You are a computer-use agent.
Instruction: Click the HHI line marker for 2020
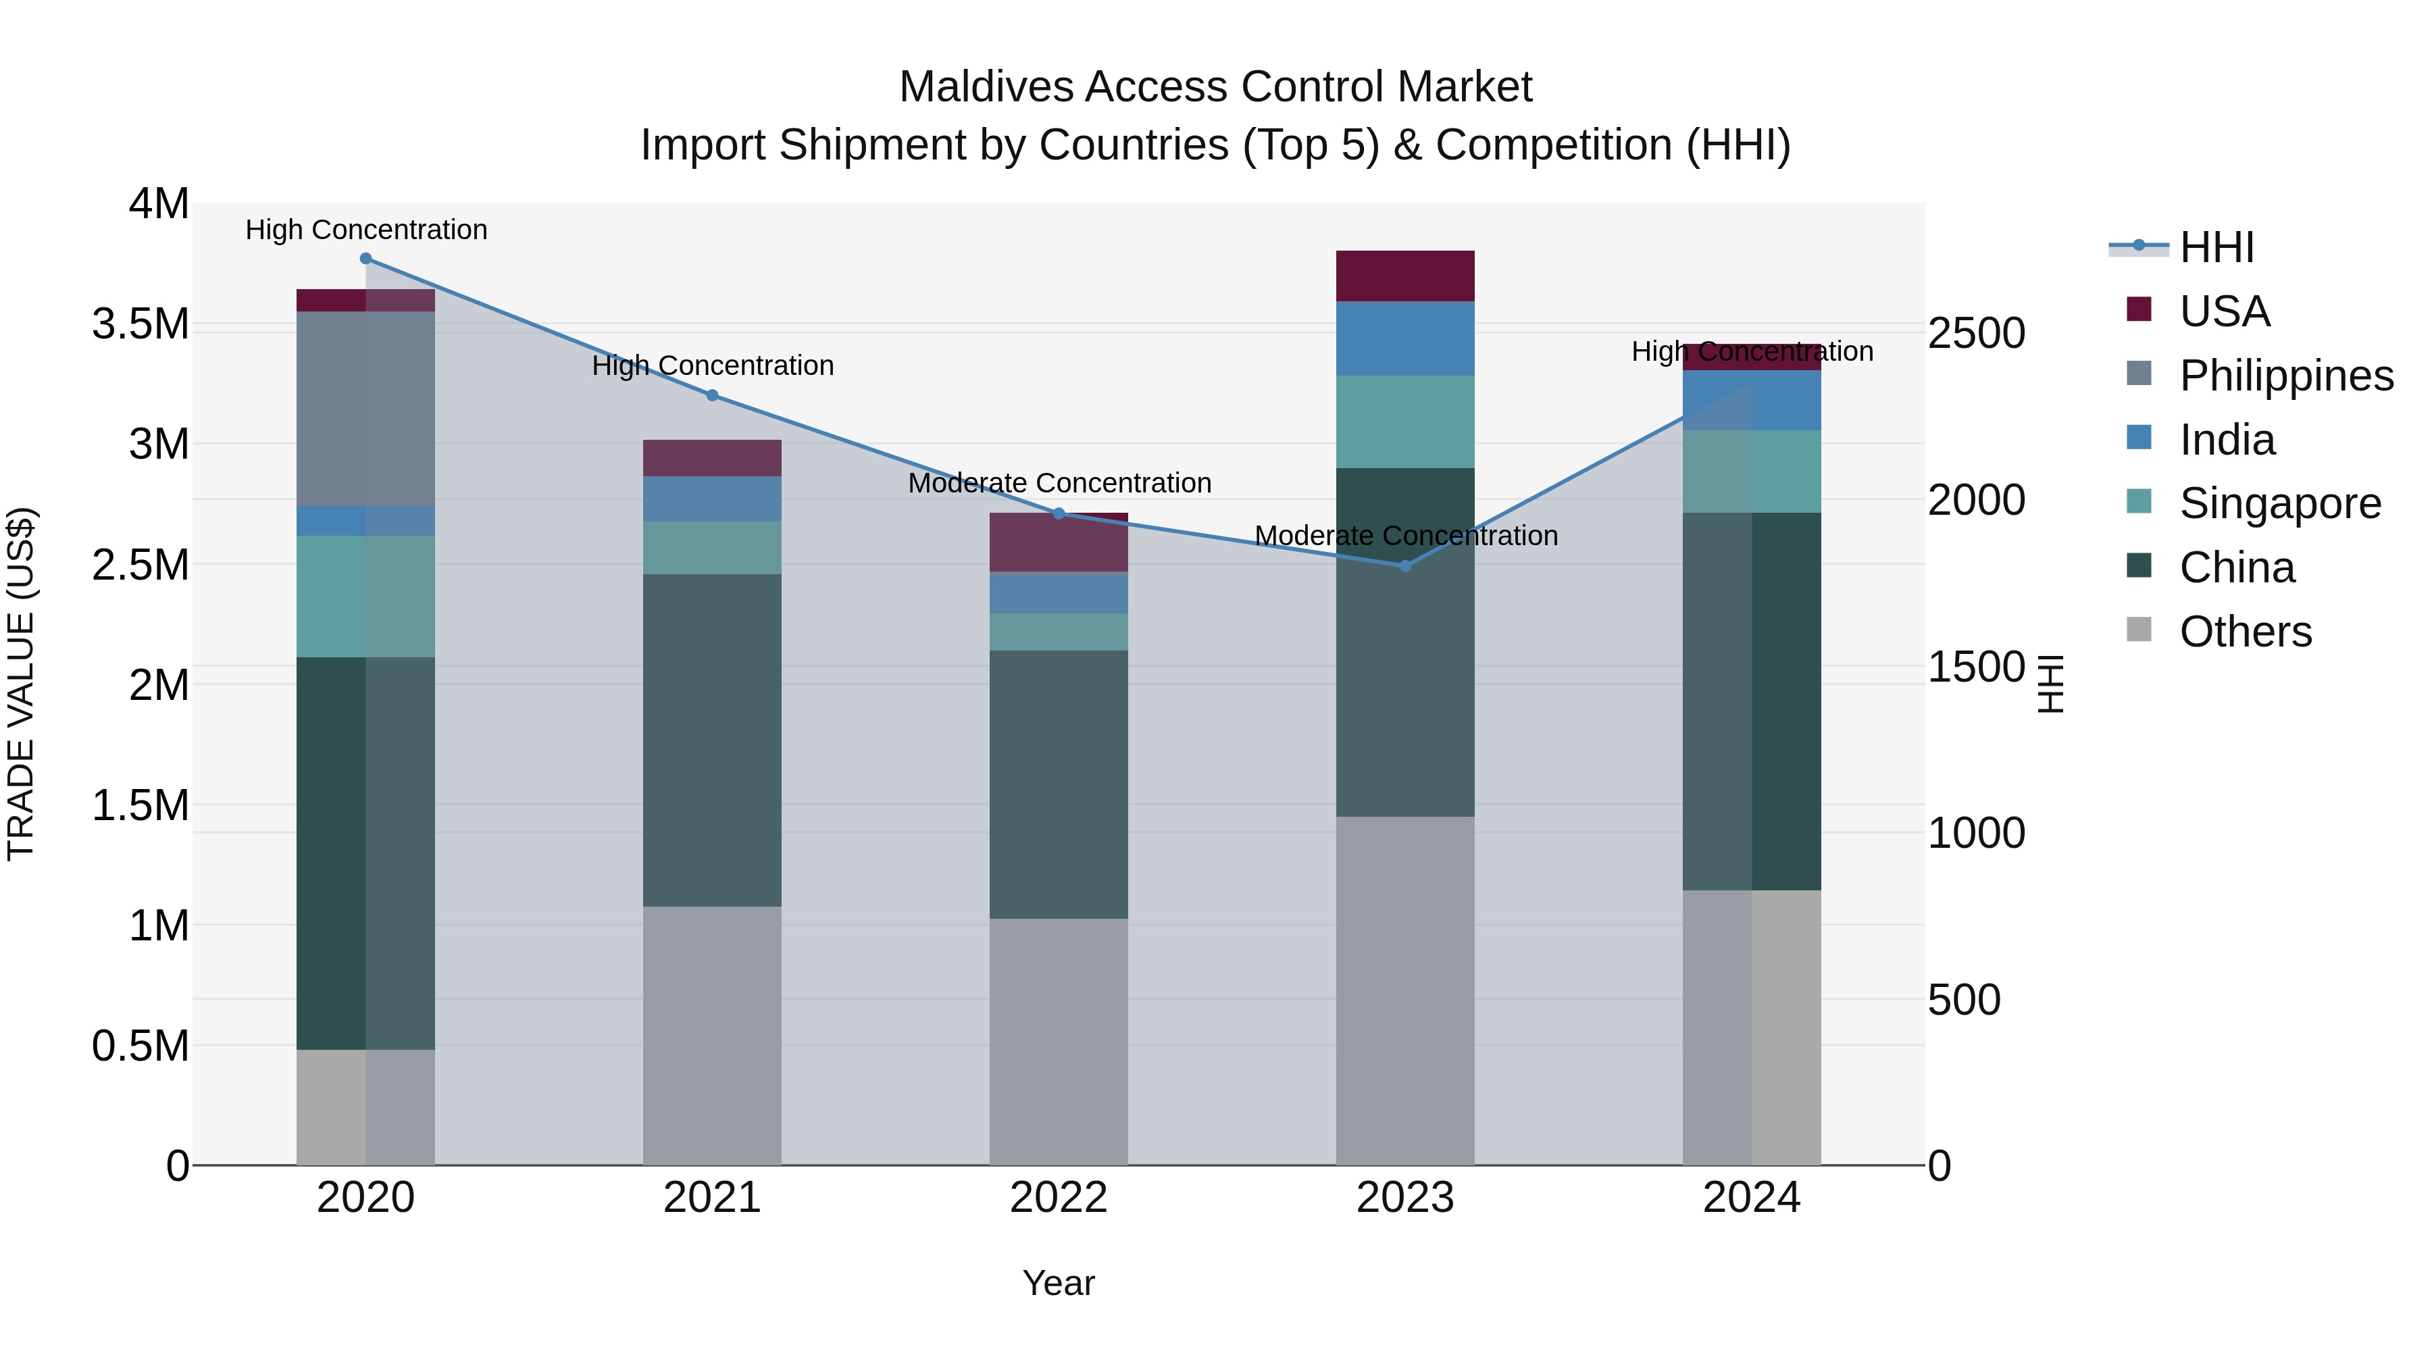pos(365,259)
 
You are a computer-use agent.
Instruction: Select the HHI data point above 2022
pos(1059,513)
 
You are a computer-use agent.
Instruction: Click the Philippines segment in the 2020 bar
pos(365,408)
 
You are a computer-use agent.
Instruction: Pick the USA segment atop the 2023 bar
pos(1405,276)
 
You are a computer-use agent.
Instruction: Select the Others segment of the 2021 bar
pos(712,1035)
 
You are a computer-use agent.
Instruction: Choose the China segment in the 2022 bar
pos(1059,784)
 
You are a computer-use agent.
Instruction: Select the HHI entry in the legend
pos(2216,247)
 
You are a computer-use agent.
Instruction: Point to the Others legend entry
pos(2245,632)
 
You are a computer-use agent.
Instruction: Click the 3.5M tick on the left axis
pos(140,324)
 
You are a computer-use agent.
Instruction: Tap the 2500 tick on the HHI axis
pos(1976,333)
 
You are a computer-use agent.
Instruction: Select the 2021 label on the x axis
pos(712,1198)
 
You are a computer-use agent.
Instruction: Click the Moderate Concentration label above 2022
pos(1059,482)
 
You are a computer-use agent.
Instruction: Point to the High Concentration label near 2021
pos(713,365)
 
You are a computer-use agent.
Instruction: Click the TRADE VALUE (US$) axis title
pos(21,684)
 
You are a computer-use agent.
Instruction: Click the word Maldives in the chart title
pos(986,87)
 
